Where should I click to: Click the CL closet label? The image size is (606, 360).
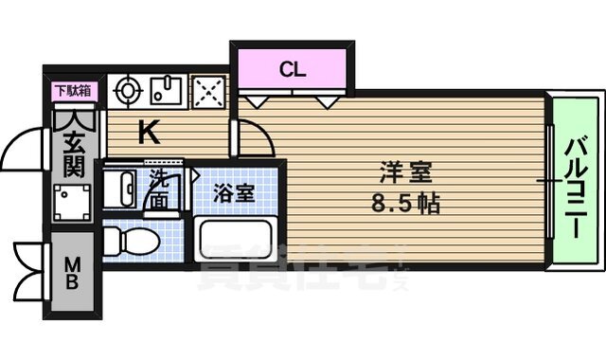(292, 68)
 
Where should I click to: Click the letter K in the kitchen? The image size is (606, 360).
(149, 133)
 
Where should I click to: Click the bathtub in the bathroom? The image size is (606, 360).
(237, 237)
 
